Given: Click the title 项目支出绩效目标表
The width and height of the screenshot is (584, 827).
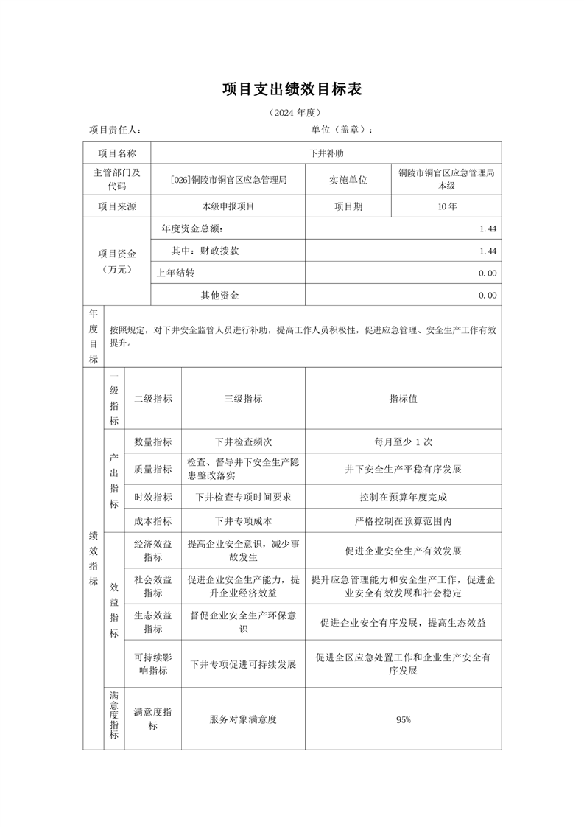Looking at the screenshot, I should click(292, 90).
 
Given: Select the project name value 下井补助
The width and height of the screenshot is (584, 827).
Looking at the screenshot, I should click(326, 153).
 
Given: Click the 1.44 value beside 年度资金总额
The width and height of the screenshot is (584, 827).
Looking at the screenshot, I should click(487, 229).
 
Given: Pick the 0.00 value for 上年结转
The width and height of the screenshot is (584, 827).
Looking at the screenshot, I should click(487, 273).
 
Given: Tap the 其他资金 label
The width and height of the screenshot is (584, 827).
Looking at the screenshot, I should click(219, 296).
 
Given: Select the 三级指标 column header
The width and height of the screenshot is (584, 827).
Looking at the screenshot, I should click(243, 399).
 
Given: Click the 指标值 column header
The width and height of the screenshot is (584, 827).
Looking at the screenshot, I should click(403, 399).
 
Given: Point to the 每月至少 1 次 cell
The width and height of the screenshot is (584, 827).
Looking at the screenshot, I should click(403, 442).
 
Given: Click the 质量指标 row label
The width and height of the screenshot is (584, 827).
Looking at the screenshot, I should click(152, 469).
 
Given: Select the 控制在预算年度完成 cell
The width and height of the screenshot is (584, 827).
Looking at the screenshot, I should click(403, 497).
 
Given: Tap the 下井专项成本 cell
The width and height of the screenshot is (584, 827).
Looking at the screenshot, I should click(243, 521).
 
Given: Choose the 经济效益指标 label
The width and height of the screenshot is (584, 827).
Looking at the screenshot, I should click(152, 551).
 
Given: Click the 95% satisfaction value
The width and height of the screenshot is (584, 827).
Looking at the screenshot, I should click(403, 719).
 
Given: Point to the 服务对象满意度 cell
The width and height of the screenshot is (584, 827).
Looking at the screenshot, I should click(243, 719).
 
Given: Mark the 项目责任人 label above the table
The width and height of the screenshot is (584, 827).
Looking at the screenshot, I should click(115, 130).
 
